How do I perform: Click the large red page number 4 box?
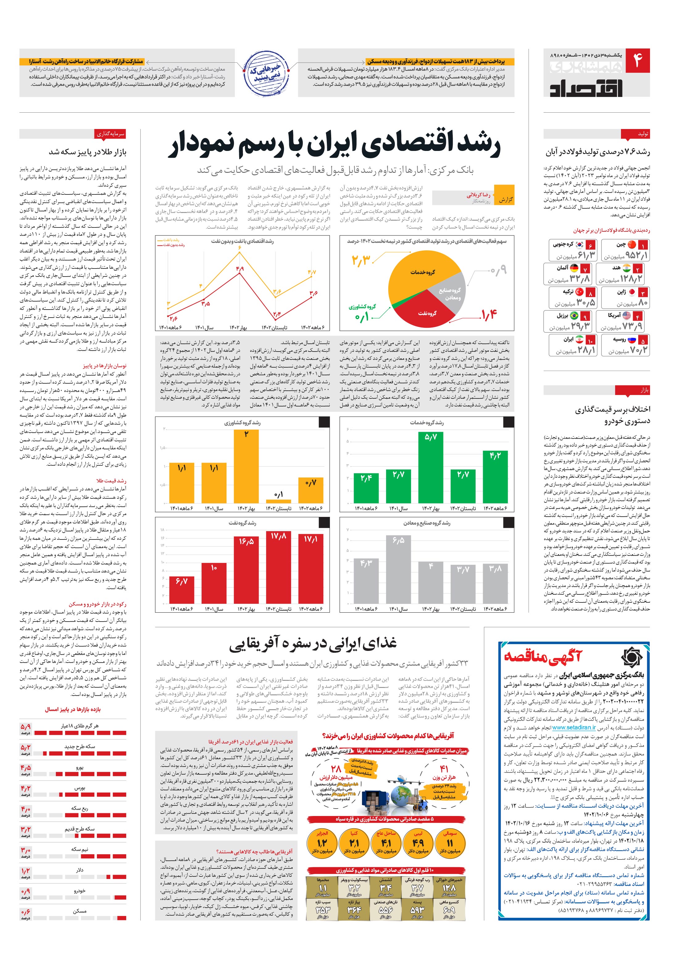tap(638, 60)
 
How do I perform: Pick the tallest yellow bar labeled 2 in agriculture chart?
tap(246, 466)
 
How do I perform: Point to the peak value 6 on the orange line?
tap(240, 253)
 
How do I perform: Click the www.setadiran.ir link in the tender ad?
tap(574, 727)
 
